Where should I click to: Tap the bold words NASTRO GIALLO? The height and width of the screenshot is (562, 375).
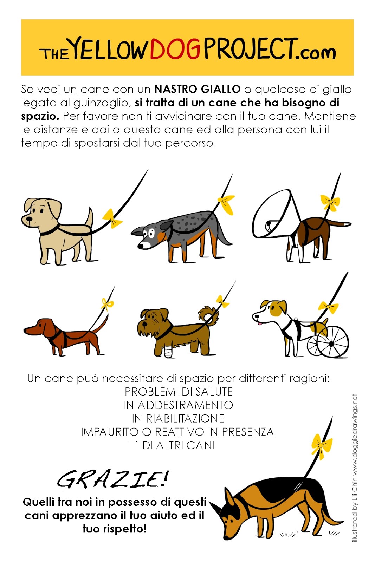pos(197,89)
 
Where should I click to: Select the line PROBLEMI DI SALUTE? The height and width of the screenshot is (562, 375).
pos(179,392)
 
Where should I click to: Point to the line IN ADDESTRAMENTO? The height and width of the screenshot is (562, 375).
pos(179,405)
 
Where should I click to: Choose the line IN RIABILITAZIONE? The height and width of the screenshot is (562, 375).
pos(178,418)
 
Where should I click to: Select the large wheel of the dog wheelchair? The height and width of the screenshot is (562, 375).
pos(332,341)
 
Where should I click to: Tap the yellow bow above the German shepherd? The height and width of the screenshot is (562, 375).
pos(321,446)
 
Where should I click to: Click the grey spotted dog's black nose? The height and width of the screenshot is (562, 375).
pos(140,246)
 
